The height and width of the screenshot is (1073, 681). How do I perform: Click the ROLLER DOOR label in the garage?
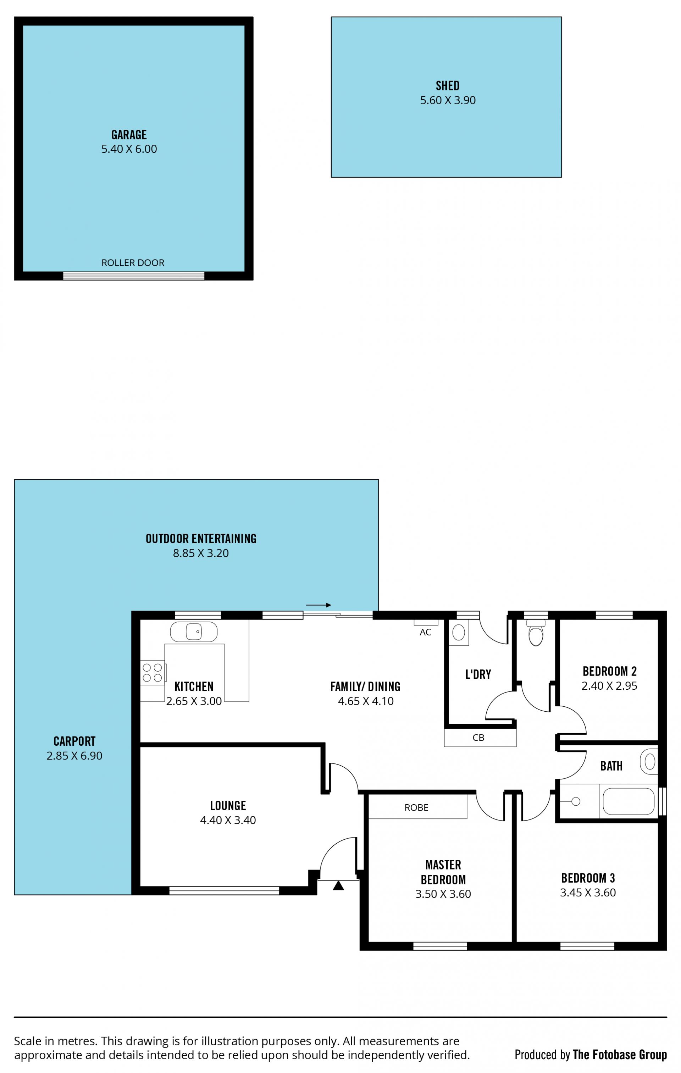tap(133, 263)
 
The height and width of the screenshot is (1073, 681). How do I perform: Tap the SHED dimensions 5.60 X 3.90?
tap(448, 100)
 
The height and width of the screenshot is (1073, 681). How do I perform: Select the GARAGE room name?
tap(129, 135)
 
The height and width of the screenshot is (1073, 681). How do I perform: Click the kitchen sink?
tap(194, 632)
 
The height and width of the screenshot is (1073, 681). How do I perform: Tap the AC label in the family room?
tap(425, 632)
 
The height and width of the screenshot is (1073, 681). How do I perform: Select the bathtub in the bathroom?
tap(629, 801)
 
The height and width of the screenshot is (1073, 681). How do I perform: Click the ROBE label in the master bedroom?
tap(416, 808)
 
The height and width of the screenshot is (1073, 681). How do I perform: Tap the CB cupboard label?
tap(478, 738)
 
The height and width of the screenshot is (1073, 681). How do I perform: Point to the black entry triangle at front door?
tap(338, 885)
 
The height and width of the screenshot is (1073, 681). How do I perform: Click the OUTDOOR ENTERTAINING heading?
tap(201, 539)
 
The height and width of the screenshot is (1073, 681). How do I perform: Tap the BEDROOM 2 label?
tap(609, 672)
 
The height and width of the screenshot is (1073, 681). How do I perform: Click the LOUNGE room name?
tap(228, 806)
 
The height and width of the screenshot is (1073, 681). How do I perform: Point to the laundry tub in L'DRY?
tap(459, 632)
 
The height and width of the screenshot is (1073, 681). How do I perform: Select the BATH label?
tap(611, 766)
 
